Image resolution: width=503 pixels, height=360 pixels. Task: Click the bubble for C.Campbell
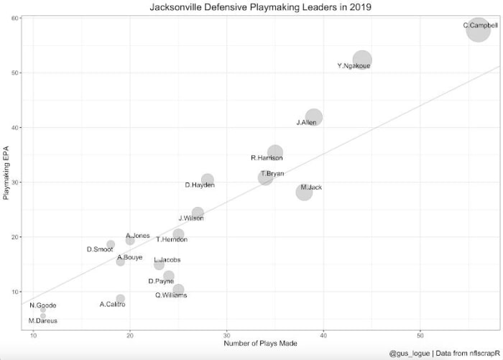(479, 31)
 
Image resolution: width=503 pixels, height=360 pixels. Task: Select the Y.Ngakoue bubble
(362, 60)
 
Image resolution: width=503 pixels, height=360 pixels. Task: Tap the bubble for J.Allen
(313, 117)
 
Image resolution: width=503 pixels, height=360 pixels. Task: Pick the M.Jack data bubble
(304, 192)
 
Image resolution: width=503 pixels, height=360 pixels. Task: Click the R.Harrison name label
(266, 158)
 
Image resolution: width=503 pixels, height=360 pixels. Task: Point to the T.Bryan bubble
(266, 177)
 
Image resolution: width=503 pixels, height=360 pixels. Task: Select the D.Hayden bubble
(208, 180)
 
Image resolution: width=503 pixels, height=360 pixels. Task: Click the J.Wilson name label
(191, 218)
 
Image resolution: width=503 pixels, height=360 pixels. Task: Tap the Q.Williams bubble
(178, 290)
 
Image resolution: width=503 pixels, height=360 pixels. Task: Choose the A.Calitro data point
(120, 299)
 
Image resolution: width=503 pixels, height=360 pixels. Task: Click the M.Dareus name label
(42, 320)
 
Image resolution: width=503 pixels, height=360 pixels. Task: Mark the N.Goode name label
(42, 305)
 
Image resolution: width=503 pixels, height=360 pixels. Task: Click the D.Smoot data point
(111, 244)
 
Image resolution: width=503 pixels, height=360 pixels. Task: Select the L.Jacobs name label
(167, 259)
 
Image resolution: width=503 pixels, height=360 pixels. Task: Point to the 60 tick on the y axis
(15, 18)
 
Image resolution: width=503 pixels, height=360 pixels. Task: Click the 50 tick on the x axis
(420, 334)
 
